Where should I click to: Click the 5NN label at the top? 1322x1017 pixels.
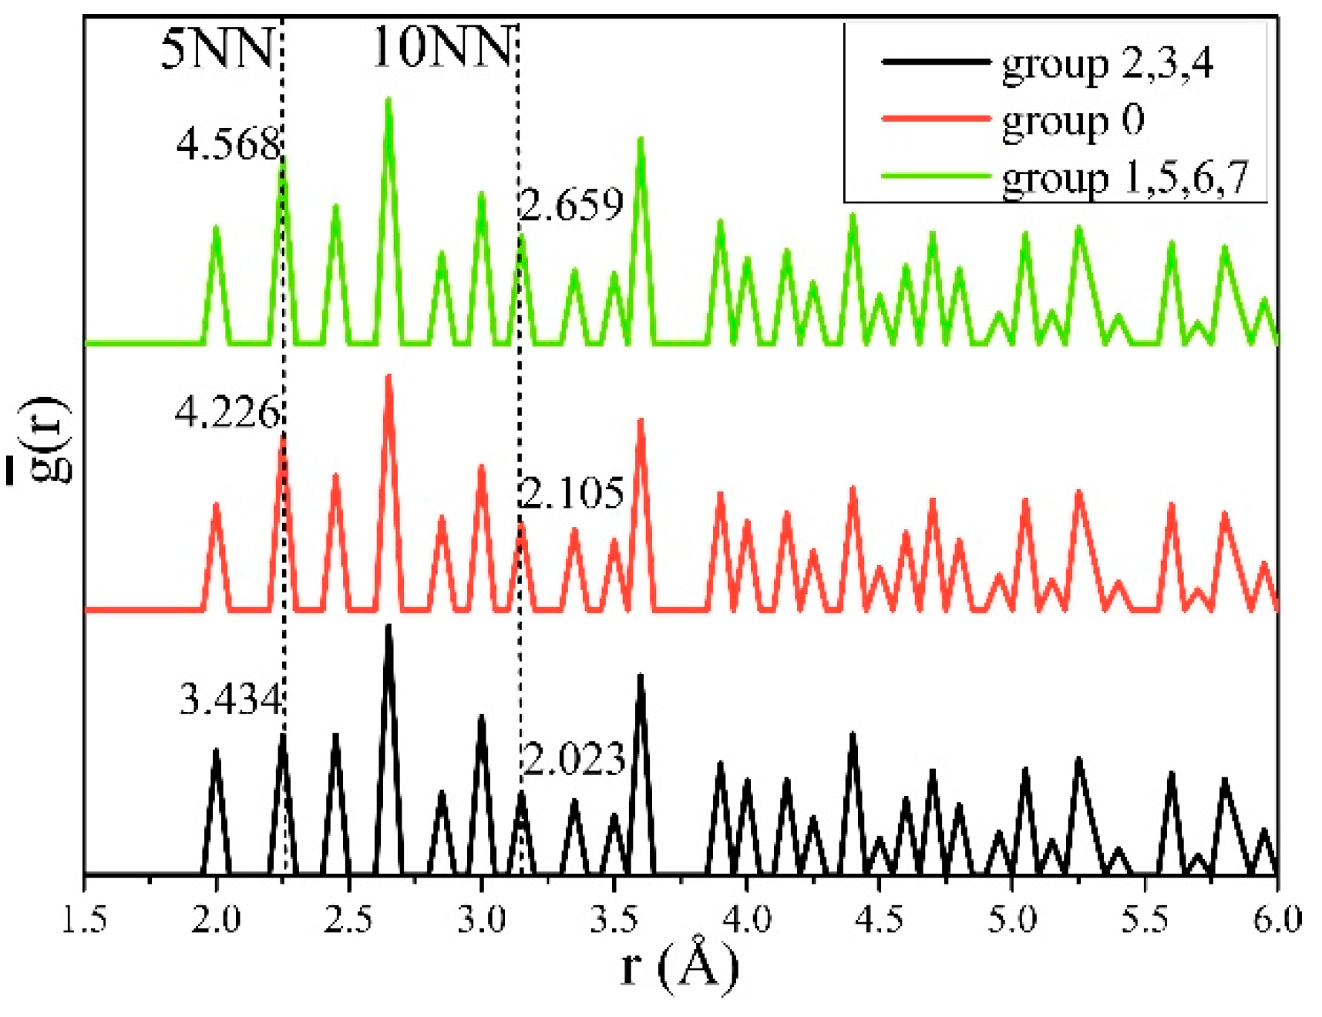[217, 49]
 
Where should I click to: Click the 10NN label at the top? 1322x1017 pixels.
[442, 47]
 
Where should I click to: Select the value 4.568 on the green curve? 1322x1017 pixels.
[228, 144]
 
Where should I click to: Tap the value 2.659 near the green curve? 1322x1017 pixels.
[571, 205]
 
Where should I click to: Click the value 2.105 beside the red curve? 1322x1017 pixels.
[572, 492]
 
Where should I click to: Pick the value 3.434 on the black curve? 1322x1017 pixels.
[230, 700]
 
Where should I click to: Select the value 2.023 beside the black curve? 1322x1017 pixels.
[574, 760]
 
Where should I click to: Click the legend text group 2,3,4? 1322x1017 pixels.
[1107, 63]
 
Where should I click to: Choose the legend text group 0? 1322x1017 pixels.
[1072, 122]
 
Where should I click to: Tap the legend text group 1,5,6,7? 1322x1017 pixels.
[1124, 179]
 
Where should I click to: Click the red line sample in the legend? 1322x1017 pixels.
[935, 119]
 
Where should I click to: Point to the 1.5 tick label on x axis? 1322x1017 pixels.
[84, 920]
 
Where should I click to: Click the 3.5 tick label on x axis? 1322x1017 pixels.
[614, 920]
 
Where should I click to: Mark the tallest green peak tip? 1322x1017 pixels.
[389, 100]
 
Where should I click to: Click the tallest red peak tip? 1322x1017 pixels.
[389, 377]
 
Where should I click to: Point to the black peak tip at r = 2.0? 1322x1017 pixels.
[217, 750]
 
